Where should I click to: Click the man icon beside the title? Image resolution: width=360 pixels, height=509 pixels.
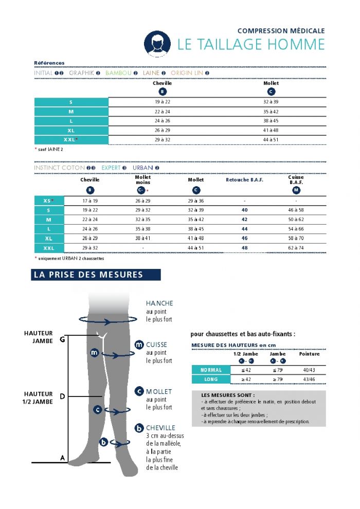(x=157, y=44)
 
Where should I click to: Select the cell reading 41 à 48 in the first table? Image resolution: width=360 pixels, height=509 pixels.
(x=271, y=131)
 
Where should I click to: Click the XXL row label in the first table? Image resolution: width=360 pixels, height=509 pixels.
(x=71, y=139)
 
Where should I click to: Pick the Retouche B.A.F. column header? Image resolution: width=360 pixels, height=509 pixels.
(x=244, y=180)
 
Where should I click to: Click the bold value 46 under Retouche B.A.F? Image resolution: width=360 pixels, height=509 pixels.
(x=244, y=239)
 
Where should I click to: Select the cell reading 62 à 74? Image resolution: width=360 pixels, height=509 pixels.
(x=296, y=248)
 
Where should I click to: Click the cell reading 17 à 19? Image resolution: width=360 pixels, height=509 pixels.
(x=90, y=201)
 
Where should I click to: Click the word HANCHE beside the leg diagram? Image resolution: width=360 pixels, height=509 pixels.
(x=159, y=303)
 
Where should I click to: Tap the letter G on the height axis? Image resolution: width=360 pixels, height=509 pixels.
(x=62, y=339)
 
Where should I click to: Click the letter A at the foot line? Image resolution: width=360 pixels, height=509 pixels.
(x=62, y=458)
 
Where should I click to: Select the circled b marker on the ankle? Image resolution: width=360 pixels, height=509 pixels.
(x=103, y=442)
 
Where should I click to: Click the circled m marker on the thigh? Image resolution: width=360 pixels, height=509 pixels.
(x=94, y=353)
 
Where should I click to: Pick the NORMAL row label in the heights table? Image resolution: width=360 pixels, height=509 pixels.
(x=211, y=370)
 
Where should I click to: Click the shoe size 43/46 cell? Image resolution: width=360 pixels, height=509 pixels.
(x=309, y=379)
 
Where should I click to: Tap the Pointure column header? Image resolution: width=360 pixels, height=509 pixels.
(x=309, y=354)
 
